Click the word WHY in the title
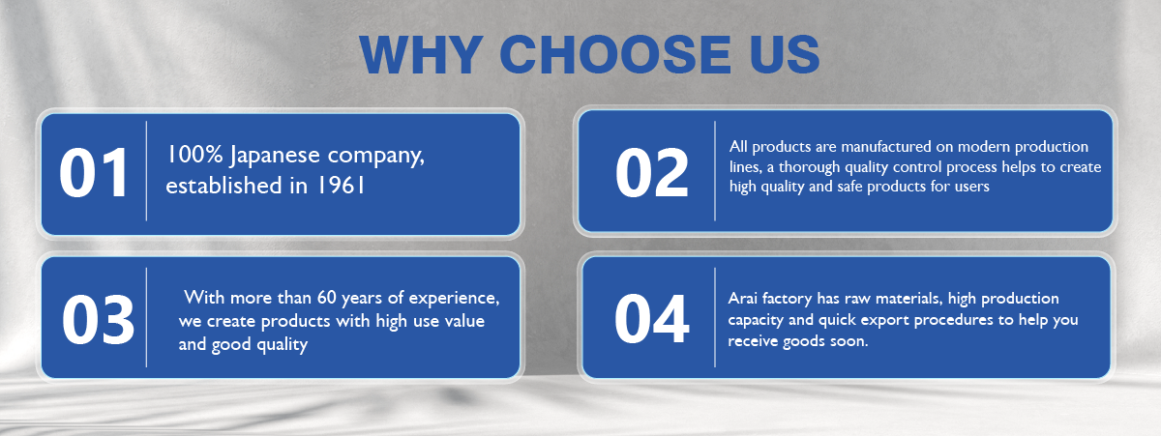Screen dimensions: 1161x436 click(x=421, y=54)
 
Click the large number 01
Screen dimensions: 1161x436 click(x=94, y=173)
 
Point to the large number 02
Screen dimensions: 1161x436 click(x=651, y=173)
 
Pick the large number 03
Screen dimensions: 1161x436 click(x=98, y=319)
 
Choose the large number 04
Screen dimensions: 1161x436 click(x=651, y=319)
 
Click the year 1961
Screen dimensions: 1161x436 click(x=341, y=186)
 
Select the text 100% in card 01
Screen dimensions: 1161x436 click(x=194, y=155)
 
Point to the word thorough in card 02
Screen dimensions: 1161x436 click(x=810, y=166)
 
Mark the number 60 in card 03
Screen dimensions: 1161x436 click(x=327, y=298)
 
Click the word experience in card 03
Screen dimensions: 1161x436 click(x=453, y=299)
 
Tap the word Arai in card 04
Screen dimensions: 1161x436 click(x=743, y=299)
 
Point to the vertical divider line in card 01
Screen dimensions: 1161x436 click(x=146, y=171)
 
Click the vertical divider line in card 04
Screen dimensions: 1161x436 click(x=715, y=317)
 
